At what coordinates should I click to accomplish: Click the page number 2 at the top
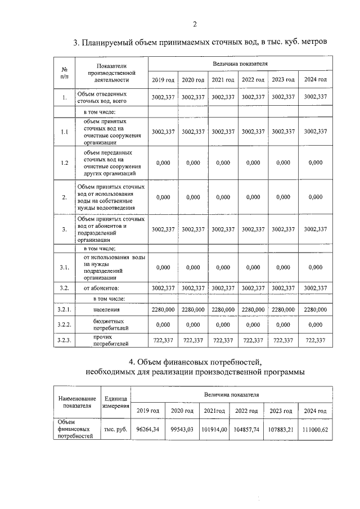click(195, 24)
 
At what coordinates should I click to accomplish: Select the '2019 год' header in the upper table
click(163, 79)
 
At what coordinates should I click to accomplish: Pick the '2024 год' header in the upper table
click(315, 79)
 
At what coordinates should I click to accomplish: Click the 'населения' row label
click(106, 309)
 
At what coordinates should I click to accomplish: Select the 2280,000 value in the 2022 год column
click(253, 309)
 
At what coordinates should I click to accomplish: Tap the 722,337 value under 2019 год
click(163, 340)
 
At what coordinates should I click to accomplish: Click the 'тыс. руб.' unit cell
click(115, 430)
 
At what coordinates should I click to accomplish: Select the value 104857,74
click(248, 430)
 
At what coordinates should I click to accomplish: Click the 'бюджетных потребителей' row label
click(103, 325)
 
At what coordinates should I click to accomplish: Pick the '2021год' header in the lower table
click(214, 411)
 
